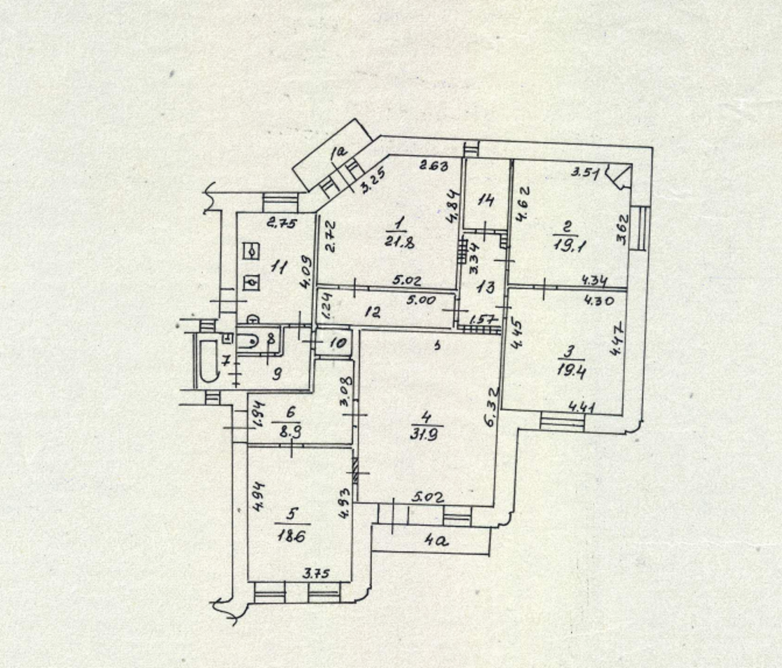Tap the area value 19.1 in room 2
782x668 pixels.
[565, 245]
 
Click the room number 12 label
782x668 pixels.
[373, 312]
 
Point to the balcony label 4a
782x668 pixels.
[435, 540]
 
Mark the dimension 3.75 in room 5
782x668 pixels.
[316, 574]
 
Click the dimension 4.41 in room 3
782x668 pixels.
[582, 407]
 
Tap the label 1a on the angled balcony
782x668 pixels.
[338, 154]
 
